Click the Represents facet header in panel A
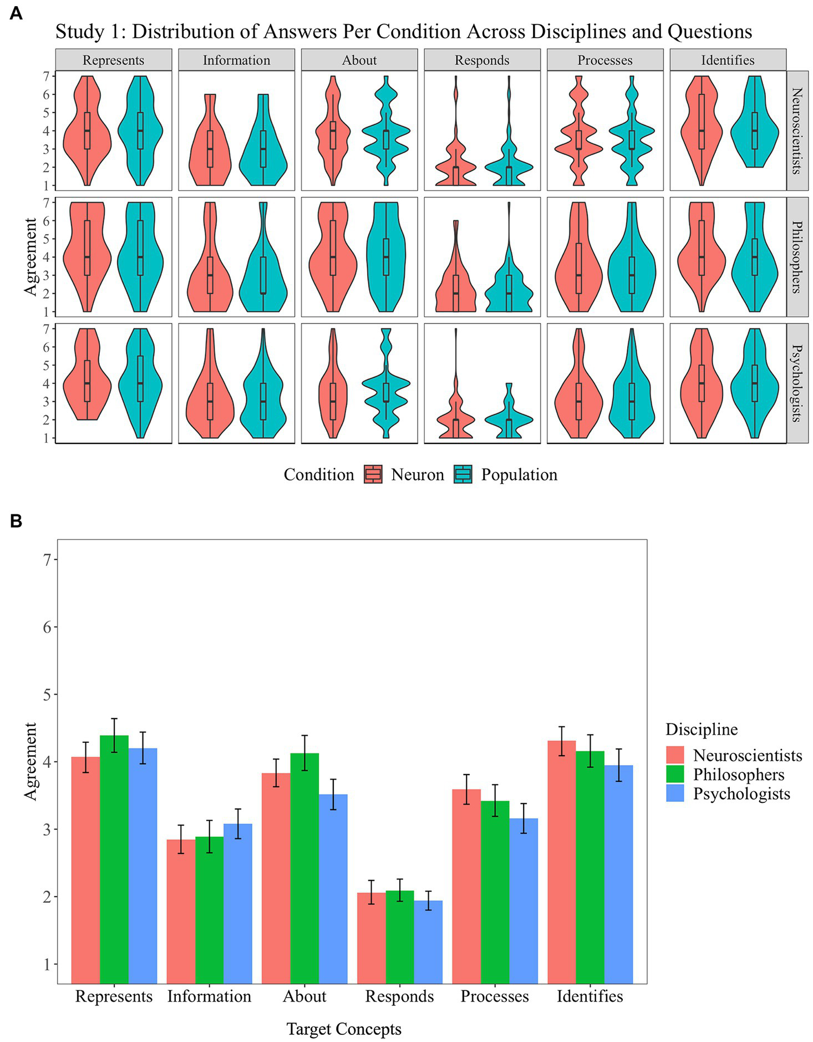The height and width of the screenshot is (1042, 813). coord(113,60)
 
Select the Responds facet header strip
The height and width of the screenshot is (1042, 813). coord(482,60)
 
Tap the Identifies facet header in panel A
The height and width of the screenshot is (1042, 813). coord(728,60)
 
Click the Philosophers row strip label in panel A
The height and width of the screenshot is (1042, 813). coord(797,257)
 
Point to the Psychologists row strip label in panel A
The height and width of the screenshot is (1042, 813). coord(797,383)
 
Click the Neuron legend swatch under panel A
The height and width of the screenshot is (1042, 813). coord(373,474)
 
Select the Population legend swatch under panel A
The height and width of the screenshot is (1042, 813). coord(463,474)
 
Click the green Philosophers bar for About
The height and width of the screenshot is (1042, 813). coord(304,871)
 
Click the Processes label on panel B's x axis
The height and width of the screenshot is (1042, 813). coord(495,996)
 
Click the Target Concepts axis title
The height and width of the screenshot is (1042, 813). coord(344,1029)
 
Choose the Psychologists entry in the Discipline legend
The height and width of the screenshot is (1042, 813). coord(741,793)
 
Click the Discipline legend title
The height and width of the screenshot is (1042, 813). coord(702,729)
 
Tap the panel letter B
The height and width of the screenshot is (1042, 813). coord(16,520)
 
